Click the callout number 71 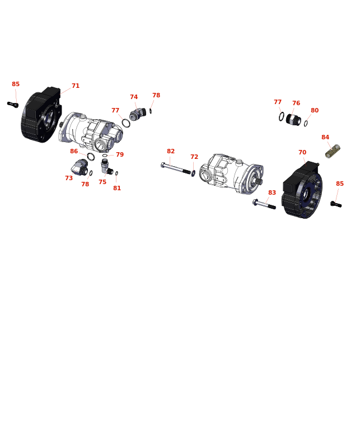click(x=76, y=86)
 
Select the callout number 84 click(x=325, y=137)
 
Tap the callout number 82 click(x=171, y=151)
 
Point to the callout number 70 click(x=302, y=152)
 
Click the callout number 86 click(x=74, y=151)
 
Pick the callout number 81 click(x=117, y=189)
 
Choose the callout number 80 click(x=315, y=110)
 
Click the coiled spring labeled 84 click(x=333, y=151)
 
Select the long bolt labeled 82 click(x=176, y=168)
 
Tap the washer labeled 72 click(x=193, y=173)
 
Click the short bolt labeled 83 click(x=264, y=204)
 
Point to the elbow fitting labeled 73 click(x=80, y=167)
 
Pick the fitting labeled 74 click(x=138, y=114)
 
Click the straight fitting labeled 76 click(x=293, y=120)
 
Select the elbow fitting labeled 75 click(x=106, y=167)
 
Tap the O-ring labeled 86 click(x=91, y=157)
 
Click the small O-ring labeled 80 click(x=306, y=124)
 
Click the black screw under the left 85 click(x=13, y=105)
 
